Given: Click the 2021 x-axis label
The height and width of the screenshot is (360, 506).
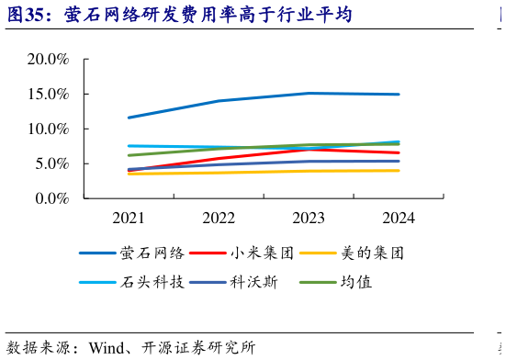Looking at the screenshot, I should [129, 219].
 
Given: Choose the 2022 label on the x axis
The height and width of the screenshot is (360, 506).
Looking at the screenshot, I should [219, 219].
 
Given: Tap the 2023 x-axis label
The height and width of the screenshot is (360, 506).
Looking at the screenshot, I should [308, 219].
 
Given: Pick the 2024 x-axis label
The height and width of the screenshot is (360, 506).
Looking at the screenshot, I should [398, 219].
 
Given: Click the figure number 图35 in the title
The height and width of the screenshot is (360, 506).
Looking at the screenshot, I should [28, 16].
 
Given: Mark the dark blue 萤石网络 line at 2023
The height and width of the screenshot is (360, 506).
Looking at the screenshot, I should [308, 93].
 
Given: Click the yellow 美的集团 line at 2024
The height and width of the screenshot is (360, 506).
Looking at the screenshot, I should [398, 171].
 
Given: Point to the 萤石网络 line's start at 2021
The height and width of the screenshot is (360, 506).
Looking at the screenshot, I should [129, 118].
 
